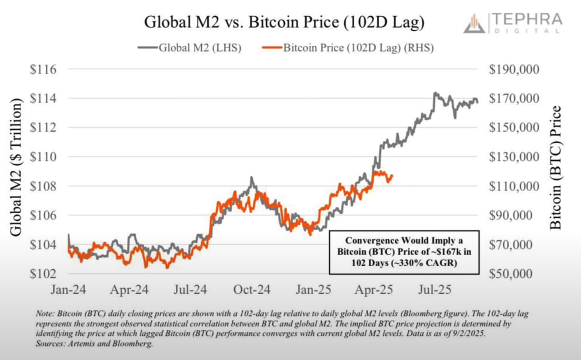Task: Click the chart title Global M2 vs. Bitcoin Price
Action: [284, 22]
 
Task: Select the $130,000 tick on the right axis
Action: [514, 157]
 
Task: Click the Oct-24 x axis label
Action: [252, 290]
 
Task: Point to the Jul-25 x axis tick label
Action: [435, 290]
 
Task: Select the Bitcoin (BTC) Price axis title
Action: [556, 167]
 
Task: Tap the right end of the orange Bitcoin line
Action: [392, 175]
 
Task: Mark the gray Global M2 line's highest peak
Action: [434, 92]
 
